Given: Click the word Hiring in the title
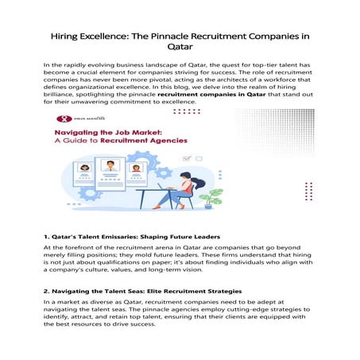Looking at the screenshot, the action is [66, 36].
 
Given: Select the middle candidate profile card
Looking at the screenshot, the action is [110, 175].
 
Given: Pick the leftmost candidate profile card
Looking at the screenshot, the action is [84, 179].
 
